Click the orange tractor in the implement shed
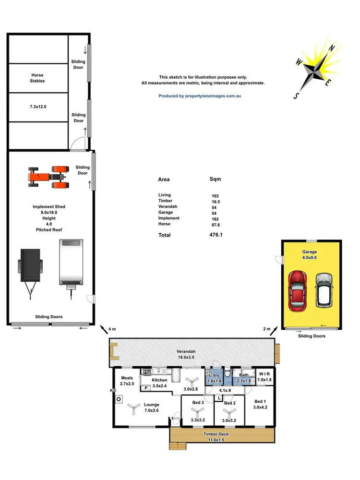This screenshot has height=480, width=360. (48, 176)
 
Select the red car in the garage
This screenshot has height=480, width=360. (297, 289)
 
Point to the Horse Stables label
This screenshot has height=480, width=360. (38, 78)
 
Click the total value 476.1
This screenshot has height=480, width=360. (216, 235)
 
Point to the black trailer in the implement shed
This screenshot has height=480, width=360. (30, 267)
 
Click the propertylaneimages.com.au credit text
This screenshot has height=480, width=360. (200, 96)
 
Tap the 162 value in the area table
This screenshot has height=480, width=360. (216, 218)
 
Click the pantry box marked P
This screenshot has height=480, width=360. (145, 388)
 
